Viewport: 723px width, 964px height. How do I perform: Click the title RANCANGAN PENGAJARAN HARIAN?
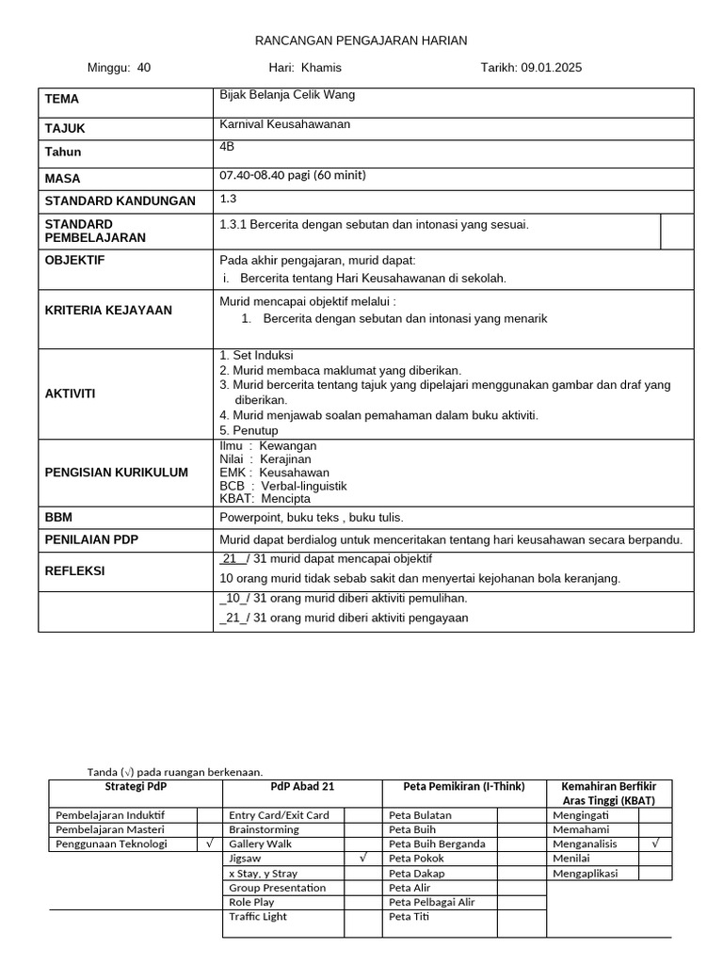361,40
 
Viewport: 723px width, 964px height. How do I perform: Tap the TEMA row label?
62,99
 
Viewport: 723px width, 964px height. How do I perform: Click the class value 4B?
227,147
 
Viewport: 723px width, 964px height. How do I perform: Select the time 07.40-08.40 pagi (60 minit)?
292,175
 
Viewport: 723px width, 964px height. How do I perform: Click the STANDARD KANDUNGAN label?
120,201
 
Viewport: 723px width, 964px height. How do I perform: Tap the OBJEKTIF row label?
75,260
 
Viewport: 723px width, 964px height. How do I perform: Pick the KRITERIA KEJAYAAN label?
108,310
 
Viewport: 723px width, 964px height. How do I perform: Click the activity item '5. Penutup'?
249,430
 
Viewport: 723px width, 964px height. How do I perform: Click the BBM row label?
59,517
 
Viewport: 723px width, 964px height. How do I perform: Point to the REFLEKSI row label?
75,570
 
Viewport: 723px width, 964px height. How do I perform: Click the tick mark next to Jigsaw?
362,859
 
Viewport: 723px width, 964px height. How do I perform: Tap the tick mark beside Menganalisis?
655,844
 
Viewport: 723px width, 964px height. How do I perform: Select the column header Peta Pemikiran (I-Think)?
464,787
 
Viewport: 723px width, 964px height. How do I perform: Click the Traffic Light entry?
258,916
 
